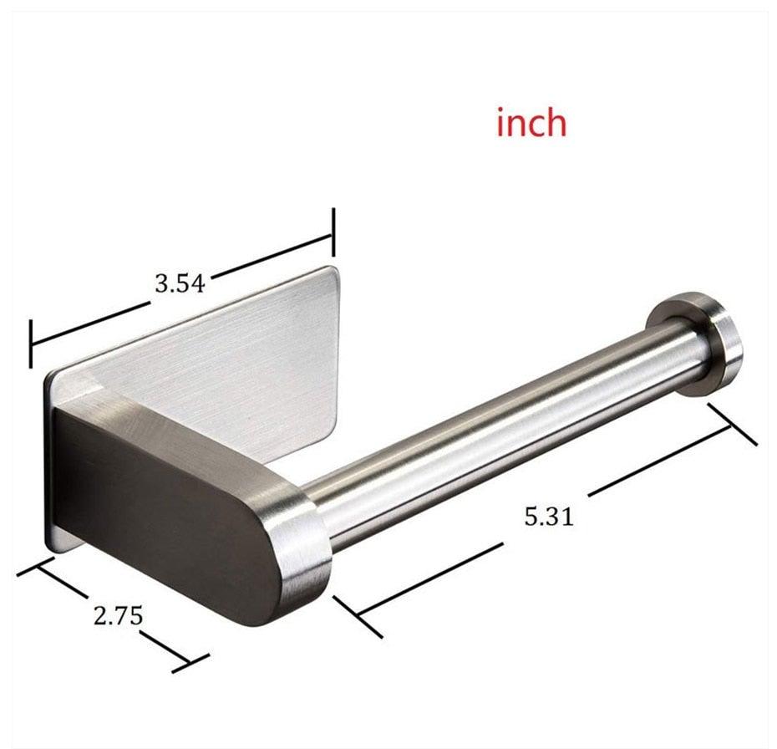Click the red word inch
coord(531,123)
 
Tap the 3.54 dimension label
coord(179,283)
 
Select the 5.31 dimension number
coord(549,517)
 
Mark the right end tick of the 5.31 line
coord(733,424)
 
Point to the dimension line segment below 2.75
coord(163,644)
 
